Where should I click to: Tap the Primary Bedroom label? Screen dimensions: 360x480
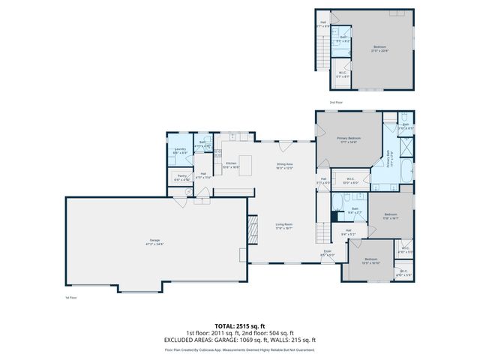(x=349, y=139)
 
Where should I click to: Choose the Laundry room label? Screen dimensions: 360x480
(x=180, y=150)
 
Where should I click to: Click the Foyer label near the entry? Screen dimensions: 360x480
(x=328, y=253)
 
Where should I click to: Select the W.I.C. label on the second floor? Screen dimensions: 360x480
(x=342, y=74)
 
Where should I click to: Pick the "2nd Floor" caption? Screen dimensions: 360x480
(x=336, y=101)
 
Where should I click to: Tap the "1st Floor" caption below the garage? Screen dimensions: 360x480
(x=71, y=298)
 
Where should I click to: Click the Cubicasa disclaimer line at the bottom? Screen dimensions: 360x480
(x=240, y=349)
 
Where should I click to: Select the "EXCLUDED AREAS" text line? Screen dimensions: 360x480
(x=240, y=340)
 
